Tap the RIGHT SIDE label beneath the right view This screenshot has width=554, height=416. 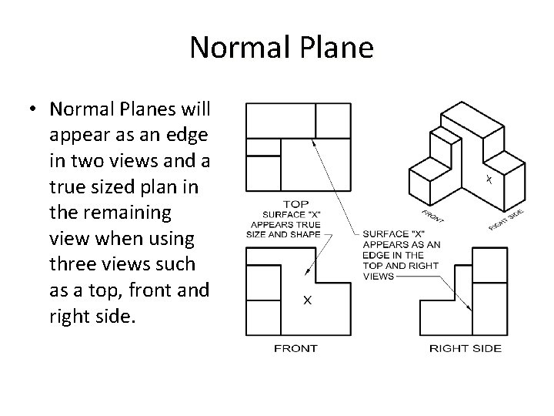point(465,348)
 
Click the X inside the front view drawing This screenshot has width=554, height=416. point(307,301)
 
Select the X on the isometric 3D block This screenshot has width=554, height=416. point(488,180)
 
